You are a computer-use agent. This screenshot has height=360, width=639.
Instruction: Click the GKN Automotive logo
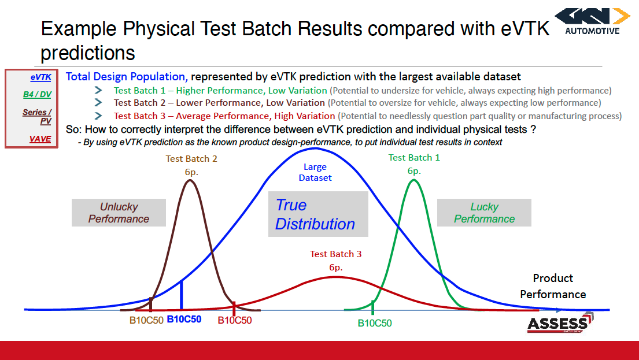(x=592, y=21)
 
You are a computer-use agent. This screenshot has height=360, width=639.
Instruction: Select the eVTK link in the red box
(x=40, y=77)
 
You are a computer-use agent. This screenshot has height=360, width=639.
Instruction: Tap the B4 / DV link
(x=37, y=94)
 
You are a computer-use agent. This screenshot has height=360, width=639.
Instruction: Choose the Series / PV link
(x=38, y=116)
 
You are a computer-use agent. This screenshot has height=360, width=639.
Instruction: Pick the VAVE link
(x=40, y=139)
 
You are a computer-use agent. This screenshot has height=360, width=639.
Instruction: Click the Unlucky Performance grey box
(x=119, y=213)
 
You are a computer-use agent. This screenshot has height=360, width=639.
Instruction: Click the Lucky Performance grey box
(x=484, y=213)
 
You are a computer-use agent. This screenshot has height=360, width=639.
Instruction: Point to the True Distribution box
(x=317, y=214)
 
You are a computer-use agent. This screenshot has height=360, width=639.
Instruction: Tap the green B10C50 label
(x=374, y=323)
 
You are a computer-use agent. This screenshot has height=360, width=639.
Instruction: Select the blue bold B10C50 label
(x=184, y=319)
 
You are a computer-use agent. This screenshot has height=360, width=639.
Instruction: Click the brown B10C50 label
(x=146, y=320)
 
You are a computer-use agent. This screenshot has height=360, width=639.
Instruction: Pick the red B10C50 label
(x=235, y=320)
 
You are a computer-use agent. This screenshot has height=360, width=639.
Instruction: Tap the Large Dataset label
(x=315, y=172)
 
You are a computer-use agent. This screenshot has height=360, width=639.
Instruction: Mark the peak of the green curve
(x=413, y=180)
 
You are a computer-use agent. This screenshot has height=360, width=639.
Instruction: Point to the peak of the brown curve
(x=189, y=180)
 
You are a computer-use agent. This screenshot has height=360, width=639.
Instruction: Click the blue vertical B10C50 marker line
(x=182, y=295)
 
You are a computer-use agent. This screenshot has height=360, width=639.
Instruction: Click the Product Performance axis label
(x=553, y=286)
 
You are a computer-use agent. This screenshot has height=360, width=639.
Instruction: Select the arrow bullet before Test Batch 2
(x=99, y=103)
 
